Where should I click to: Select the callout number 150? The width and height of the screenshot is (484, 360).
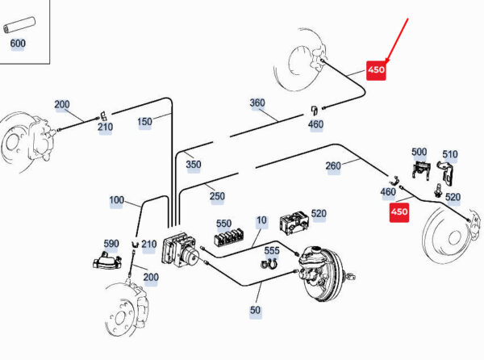144,122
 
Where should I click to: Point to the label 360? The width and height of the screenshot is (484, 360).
257,103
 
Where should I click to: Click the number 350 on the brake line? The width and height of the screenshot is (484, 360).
194,165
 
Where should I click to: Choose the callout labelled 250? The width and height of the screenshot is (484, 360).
217,196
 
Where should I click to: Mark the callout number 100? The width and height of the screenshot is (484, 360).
117,199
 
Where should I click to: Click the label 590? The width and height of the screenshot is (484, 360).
111,243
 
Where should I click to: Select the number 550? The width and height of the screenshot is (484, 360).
223,224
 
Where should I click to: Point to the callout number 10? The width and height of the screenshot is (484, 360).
261,220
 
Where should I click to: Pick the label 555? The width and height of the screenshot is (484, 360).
272,251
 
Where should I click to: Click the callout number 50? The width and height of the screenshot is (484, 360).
256,310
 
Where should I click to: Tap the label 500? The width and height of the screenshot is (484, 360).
419,152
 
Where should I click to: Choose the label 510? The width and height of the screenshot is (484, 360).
449,155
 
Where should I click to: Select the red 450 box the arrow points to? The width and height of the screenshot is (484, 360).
377,70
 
